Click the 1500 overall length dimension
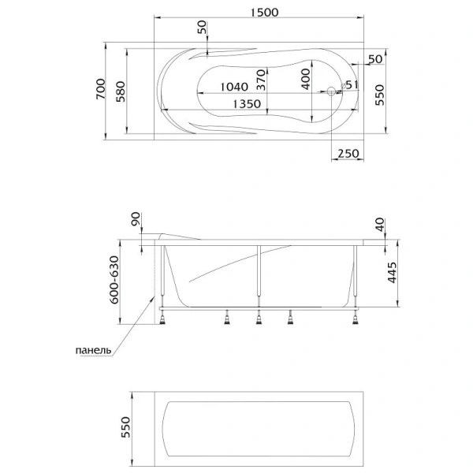[265, 13]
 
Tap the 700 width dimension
[101, 88]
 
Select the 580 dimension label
[121, 91]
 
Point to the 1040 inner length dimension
[234, 87]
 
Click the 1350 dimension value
[247, 104]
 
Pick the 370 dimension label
[261, 80]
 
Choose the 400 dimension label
[305, 79]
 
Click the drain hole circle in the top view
[331, 91]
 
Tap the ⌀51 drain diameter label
[350, 85]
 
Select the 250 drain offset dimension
[348, 153]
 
